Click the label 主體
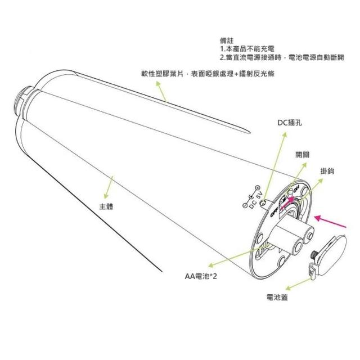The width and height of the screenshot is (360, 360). (x=106, y=206)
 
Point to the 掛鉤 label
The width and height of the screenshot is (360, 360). (x=327, y=170)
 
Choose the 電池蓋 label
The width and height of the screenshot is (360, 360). (x=277, y=297)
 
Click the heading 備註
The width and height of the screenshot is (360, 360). (x=227, y=41)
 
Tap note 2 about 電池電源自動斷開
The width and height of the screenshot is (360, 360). (x=281, y=57)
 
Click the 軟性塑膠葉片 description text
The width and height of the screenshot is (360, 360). (x=208, y=74)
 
